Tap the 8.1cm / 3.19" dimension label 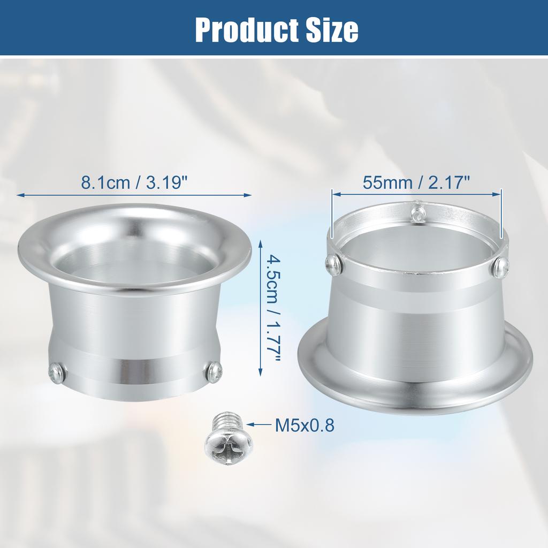(134, 182)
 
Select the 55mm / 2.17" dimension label (416, 182)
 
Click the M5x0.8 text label (304, 425)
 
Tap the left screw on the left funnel (56, 371)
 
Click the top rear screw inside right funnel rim (418, 212)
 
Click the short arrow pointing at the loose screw (261, 425)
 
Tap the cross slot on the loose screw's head (228, 443)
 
